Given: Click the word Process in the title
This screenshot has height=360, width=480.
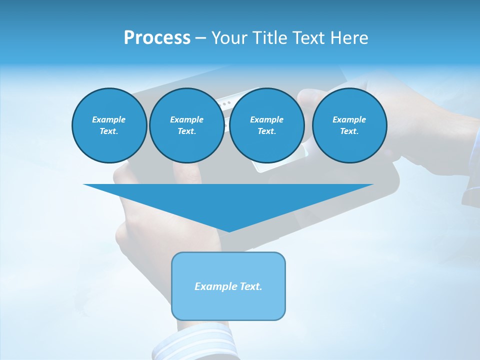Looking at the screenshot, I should [157, 38].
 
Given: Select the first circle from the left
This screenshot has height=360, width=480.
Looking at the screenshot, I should [109, 125].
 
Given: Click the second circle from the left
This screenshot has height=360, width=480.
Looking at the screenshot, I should [186, 125].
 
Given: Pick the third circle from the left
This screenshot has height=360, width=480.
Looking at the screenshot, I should [266, 125].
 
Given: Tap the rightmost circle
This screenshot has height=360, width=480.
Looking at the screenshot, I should [349, 125].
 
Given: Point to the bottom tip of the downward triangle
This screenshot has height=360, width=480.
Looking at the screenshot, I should [229, 231].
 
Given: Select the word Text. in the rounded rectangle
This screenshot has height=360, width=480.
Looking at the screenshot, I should [251, 286].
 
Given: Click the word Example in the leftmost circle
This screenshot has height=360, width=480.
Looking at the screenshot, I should [109, 119].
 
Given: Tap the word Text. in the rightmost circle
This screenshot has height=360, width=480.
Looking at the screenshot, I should [349, 131].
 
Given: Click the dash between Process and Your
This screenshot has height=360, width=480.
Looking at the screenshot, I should [200, 38].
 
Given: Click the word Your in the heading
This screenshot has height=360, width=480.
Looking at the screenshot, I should [230, 38].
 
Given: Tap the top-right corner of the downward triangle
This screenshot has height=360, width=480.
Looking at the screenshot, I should [372, 185].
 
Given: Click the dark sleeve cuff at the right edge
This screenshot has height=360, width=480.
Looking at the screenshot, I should [471, 195].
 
